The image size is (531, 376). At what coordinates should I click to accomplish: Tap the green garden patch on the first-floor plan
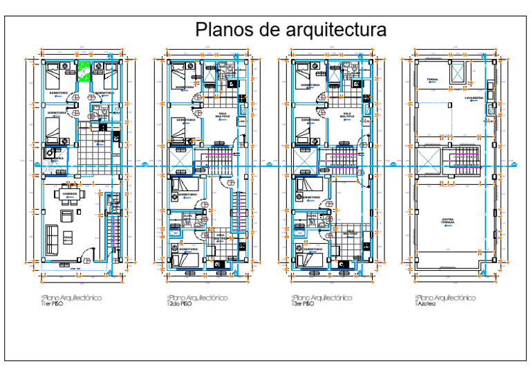pyautogui.click(x=84, y=72)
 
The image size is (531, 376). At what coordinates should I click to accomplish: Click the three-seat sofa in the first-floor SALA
pyautogui.click(x=51, y=239)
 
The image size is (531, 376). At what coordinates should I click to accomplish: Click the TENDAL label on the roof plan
pyautogui.click(x=433, y=79)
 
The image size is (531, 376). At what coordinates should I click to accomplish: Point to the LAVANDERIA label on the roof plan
pyautogui.click(x=473, y=98)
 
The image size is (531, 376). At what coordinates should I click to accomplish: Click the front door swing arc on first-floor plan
pyautogui.click(x=84, y=256)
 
